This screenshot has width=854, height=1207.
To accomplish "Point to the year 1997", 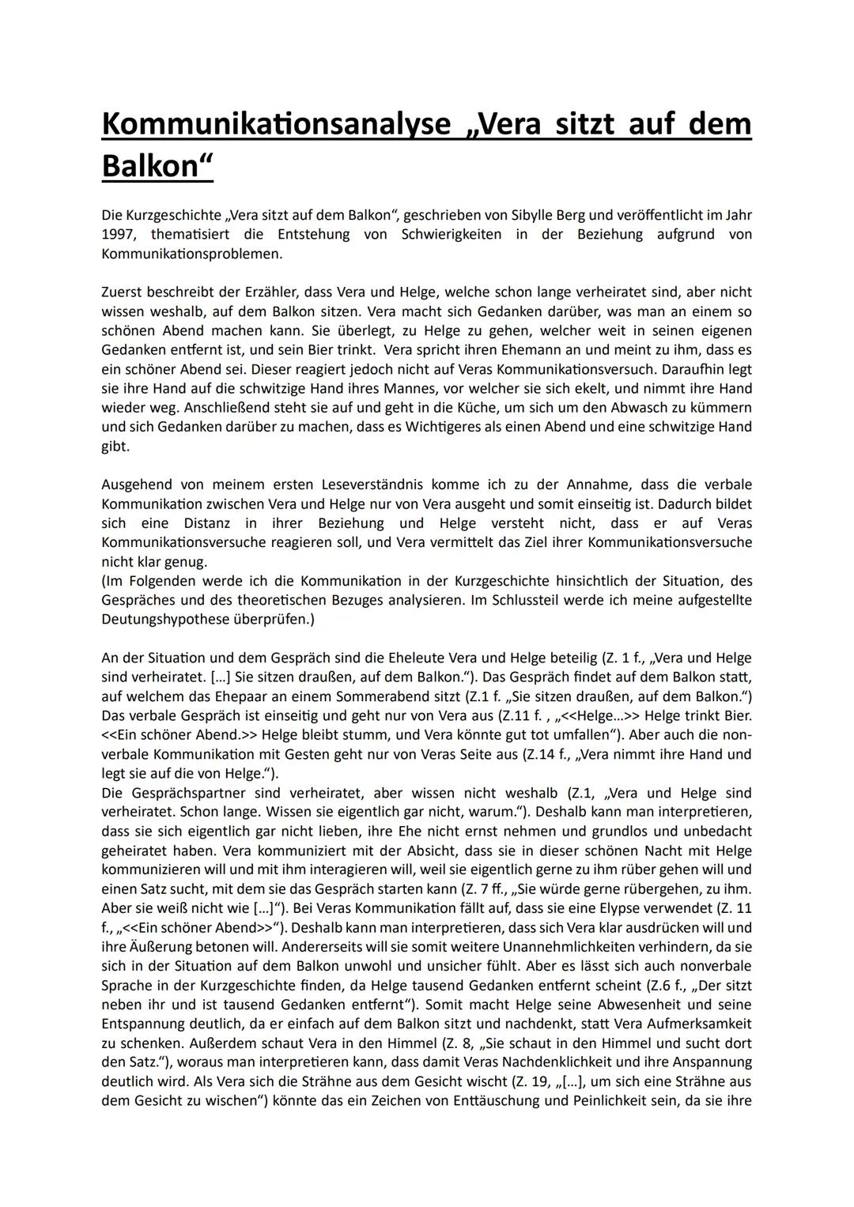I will (119, 234).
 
